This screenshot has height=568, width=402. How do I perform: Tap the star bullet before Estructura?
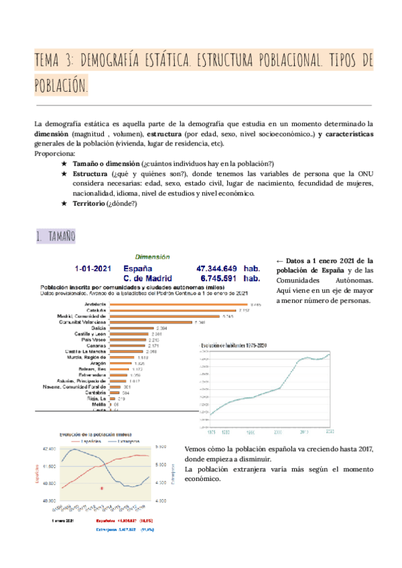[64, 173]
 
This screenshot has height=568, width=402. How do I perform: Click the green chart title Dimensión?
[153, 256]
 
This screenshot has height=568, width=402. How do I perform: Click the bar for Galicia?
[130, 328]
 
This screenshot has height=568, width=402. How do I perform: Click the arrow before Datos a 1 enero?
[279, 261]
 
